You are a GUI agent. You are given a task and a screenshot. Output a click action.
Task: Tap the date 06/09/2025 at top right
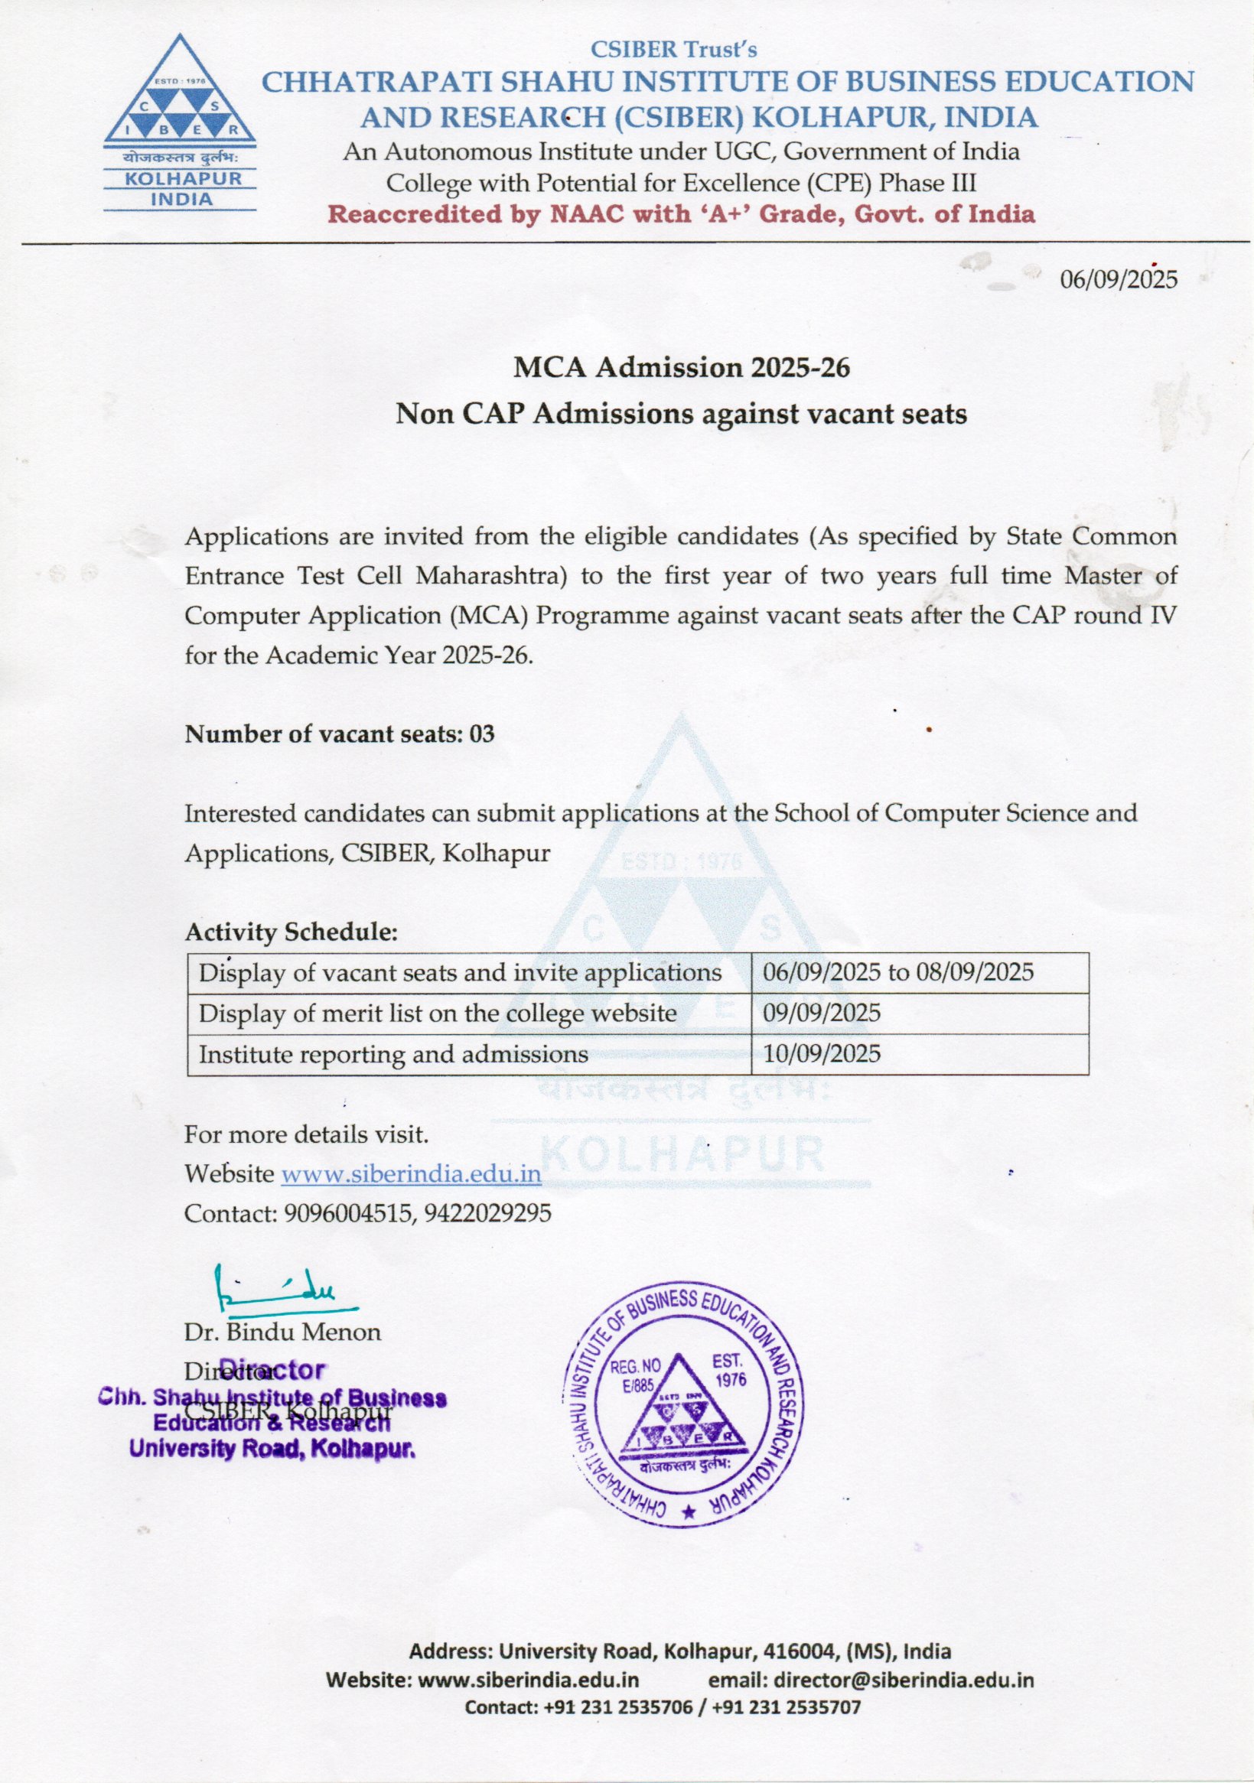tap(1119, 278)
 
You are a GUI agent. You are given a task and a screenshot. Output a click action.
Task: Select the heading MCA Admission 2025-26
tap(682, 367)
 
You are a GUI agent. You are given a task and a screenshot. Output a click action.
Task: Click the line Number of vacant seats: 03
tap(340, 734)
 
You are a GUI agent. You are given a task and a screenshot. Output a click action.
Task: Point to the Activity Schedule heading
tap(292, 932)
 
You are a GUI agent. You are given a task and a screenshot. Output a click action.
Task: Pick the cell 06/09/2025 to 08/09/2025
tap(898, 972)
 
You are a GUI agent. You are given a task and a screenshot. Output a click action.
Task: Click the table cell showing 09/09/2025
tap(822, 1013)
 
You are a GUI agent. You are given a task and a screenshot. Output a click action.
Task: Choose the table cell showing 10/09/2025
tap(822, 1054)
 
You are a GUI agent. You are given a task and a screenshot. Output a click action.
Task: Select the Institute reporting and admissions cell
tap(393, 1054)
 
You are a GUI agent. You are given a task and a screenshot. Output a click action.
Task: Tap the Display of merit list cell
tap(438, 1013)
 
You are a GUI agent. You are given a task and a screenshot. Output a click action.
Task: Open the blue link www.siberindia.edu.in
tap(411, 1173)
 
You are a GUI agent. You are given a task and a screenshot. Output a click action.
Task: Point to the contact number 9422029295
tap(488, 1213)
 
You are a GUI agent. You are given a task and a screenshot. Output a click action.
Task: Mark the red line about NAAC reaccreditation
tap(682, 214)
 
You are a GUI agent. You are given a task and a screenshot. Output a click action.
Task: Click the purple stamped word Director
tap(272, 1369)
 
